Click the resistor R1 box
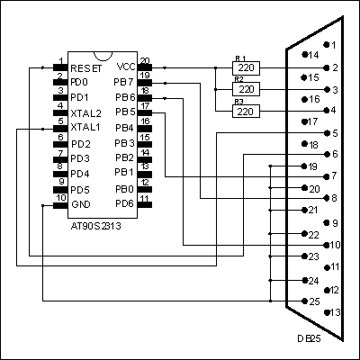point(246,67)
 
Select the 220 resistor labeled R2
point(246,89)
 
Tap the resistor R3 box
point(246,112)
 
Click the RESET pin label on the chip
point(86,68)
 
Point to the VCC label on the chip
point(126,67)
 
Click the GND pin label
point(81,204)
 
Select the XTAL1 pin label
point(85,127)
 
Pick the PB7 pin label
point(123,82)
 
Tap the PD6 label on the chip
point(124,204)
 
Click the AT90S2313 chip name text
point(96,226)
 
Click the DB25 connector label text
point(309,338)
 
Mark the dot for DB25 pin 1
point(326,44)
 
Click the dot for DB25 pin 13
point(327,312)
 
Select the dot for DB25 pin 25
point(305,301)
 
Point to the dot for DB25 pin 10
point(327,245)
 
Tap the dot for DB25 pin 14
point(305,54)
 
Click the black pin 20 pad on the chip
point(145,67)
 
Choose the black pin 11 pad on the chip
point(145,204)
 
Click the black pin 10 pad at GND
point(60,205)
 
